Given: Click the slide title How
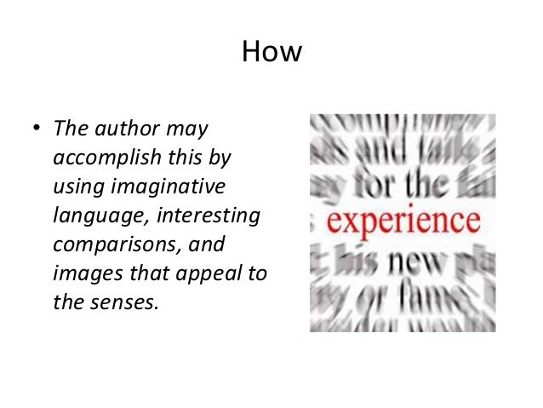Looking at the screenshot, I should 271,53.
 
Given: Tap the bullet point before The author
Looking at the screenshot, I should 37,132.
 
